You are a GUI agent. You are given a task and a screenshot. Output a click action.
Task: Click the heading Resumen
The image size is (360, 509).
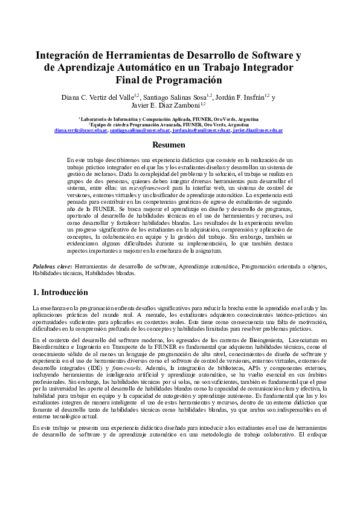pos(169,145)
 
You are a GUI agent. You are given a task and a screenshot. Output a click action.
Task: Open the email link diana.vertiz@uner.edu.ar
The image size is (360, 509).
pos(81,130)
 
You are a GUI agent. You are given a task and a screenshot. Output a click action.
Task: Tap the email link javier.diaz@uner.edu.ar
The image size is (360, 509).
pos(258,130)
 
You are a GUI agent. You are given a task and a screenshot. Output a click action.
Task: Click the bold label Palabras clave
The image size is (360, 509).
pos(51,266)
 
